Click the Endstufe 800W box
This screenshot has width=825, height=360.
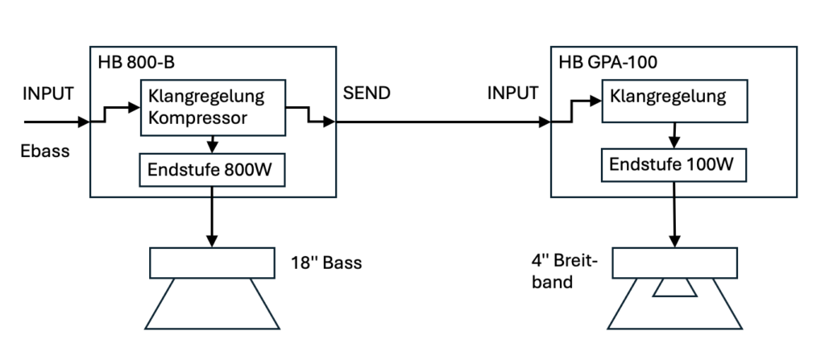click(x=210, y=169)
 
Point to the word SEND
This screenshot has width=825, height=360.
click(x=367, y=93)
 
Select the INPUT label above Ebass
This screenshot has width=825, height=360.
click(x=48, y=93)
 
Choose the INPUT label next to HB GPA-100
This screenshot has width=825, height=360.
click(x=512, y=93)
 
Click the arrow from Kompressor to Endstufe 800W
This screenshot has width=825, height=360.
click(x=211, y=144)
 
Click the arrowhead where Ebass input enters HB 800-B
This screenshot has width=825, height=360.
click(x=84, y=123)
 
